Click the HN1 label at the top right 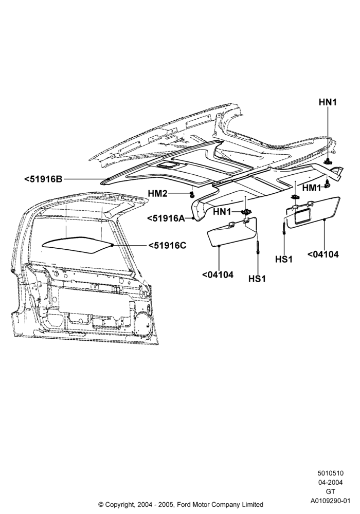point(328,102)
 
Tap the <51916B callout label point(43,179)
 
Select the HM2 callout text point(157,193)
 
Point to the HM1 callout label point(312,188)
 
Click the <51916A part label point(166,218)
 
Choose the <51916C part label point(167,245)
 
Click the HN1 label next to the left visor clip point(222,212)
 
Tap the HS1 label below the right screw point(283,259)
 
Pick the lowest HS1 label point(257,279)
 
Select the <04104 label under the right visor point(323,254)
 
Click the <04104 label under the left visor point(218,274)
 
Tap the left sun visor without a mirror point(233,233)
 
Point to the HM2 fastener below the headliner point(191,195)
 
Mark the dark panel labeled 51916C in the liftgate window point(78,245)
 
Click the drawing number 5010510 point(330,473)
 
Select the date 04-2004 point(330,482)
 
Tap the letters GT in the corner point(330,491)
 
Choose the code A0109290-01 point(330,501)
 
